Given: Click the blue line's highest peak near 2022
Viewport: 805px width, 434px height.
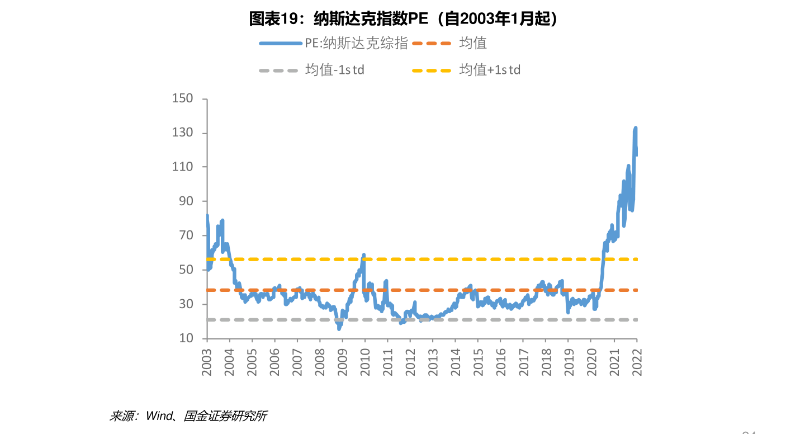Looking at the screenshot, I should click(636, 128).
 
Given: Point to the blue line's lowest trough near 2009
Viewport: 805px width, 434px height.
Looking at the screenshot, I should click(339, 329).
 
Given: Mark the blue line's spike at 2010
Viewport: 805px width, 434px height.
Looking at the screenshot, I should click(364, 254).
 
